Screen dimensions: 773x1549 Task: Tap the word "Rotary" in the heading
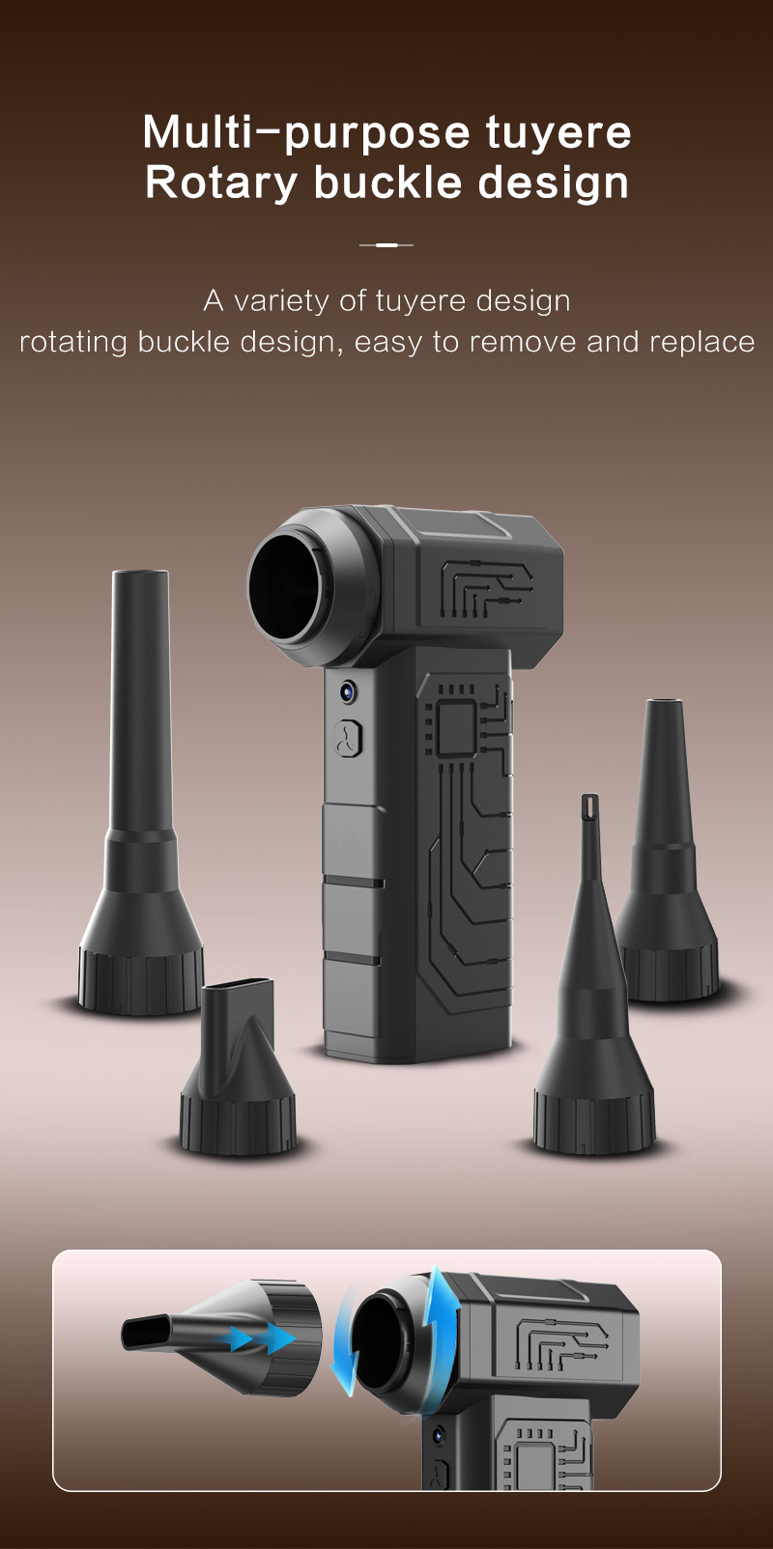pyautogui.click(x=221, y=183)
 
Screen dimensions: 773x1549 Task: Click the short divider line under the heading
pyautogui.click(x=386, y=245)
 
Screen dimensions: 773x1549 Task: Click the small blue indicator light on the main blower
pyautogui.click(x=348, y=690)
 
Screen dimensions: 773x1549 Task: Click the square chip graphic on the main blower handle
pyautogui.click(x=456, y=726)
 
